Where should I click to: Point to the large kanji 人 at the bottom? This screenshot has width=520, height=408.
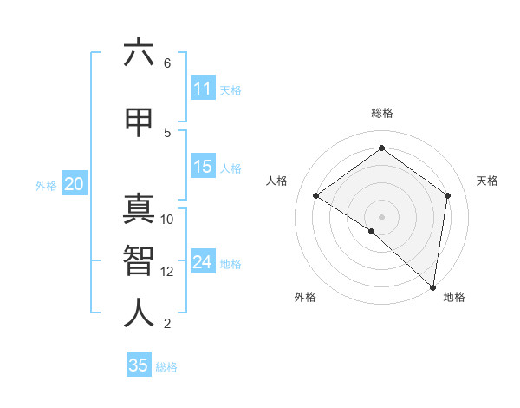click(139, 313)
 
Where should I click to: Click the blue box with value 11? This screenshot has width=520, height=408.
click(202, 89)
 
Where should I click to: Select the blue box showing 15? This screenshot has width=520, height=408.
click(202, 167)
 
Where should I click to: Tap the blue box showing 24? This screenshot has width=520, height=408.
click(202, 263)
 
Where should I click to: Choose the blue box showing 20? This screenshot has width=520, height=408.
click(75, 184)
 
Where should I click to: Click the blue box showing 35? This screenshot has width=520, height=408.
click(139, 365)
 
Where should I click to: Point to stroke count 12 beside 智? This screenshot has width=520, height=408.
click(168, 272)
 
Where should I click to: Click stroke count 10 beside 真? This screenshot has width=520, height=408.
click(168, 219)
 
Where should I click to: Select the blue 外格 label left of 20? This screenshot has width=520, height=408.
click(46, 185)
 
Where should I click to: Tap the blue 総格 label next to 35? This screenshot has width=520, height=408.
click(166, 366)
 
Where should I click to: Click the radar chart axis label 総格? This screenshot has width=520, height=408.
click(381, 113)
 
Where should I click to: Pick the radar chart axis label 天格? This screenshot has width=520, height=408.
click(487, 181)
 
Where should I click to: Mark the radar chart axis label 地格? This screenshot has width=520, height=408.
click(454, 298)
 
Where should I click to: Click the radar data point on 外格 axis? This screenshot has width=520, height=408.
click(372, 231)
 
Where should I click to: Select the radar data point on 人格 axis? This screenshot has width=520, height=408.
click(316, 196)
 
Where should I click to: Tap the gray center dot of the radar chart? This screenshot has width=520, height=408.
click(381, 216)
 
